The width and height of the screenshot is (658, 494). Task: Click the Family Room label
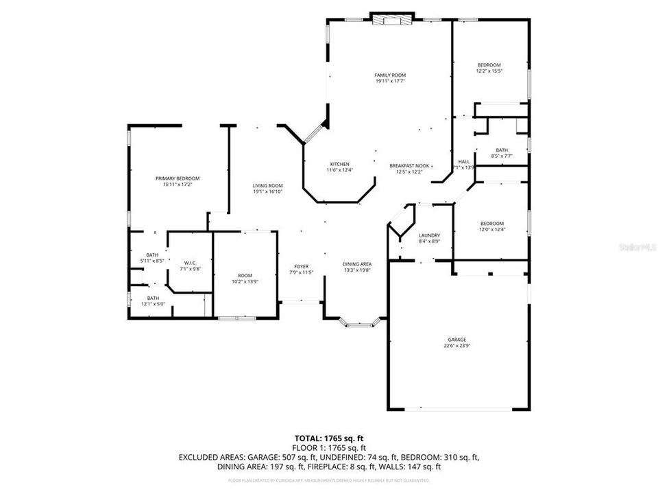390,75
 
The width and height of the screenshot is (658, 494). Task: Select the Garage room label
457,340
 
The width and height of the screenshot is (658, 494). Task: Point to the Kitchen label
340,164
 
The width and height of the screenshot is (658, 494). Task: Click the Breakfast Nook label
409,165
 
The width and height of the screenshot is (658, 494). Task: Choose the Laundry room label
429,235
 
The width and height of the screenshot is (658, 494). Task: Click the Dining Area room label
357,264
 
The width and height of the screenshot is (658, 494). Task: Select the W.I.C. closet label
190,263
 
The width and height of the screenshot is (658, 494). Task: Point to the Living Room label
267,186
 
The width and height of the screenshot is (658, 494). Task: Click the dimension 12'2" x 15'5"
489,71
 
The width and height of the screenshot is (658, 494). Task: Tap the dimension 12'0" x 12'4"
491,229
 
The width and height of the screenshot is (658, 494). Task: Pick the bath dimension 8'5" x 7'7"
502,156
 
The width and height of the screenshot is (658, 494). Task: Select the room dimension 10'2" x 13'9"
245,282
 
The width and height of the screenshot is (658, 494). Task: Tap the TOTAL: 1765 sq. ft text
328,437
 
